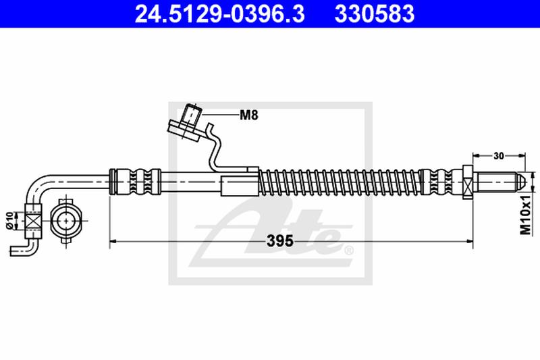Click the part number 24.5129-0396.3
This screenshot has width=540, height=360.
(220, 14)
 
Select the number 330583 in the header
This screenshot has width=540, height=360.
(375, 14)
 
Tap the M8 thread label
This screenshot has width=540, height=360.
(249, 115)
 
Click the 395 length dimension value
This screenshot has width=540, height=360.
(280, 241)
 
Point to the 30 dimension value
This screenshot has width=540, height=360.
(499, 156)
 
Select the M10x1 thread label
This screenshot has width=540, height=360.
(526, 214)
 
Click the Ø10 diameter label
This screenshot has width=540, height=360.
(9, 220)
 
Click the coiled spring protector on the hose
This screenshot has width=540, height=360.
(340, 182)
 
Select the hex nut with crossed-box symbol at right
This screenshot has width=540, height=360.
(467, 182)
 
